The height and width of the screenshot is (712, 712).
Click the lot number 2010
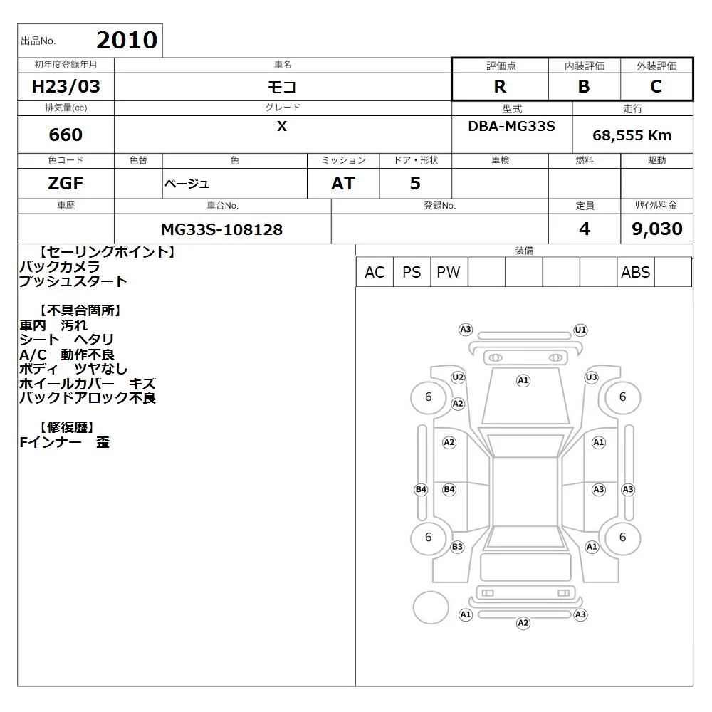[x=127, y=40]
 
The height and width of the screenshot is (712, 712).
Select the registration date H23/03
[x=66, y=86]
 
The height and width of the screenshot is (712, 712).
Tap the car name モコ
[x=282, y=86]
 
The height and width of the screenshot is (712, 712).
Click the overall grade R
[x=500, y=86]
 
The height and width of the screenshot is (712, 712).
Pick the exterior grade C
[x=656, y=86]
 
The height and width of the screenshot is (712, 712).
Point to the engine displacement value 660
[x=66, y=135]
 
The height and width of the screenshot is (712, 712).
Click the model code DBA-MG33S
[x=511, y=126]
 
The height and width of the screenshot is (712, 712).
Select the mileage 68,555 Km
[x=632, y=135]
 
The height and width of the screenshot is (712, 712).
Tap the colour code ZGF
[x=66, y=184]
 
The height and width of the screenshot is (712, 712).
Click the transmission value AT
[x=343, y=184]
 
